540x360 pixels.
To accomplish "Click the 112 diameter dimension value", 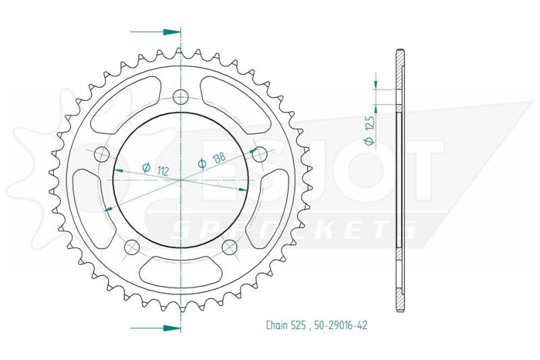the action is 163,171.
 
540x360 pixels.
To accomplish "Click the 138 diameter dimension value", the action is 219,159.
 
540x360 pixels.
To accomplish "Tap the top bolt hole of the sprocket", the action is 180,97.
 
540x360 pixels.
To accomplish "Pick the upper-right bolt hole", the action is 260,155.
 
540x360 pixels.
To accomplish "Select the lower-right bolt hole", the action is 230,247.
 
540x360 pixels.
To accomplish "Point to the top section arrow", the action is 155,32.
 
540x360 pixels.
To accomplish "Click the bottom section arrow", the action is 155,328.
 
